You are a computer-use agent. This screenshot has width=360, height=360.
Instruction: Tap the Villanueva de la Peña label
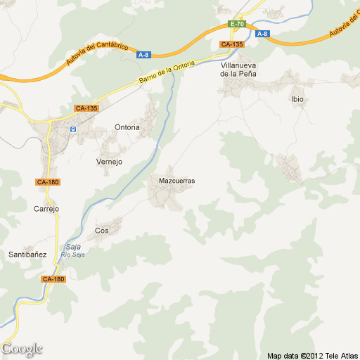(238, 69)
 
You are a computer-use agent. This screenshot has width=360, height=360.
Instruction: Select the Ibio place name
(297, 99)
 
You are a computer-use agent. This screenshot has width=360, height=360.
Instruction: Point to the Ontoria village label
(127, 127)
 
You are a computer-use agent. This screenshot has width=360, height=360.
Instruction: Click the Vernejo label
(109, 161)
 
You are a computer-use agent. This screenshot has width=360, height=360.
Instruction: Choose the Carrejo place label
(46, 208)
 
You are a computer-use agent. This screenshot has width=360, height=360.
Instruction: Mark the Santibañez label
(27, 254)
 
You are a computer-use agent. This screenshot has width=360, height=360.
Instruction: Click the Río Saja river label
(73, 254)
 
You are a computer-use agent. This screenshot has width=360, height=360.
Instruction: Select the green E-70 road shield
(237, 25)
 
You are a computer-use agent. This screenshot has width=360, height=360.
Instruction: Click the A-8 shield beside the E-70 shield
(262, 34)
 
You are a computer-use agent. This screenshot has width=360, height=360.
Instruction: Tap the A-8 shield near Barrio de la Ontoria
(143, 55)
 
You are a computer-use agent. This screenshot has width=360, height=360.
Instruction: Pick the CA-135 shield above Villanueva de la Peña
(231, 44)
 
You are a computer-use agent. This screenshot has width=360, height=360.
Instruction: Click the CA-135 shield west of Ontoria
(86, 108)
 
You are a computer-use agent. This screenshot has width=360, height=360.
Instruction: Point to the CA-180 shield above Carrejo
(48, 182)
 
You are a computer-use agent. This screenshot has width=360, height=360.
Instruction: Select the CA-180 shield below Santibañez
(53, 279)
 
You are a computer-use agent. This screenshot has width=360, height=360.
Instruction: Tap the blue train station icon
(72, 129)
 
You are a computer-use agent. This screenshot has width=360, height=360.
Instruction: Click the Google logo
(22, 349)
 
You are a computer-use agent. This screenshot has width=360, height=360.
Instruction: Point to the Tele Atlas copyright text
(312, 354)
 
